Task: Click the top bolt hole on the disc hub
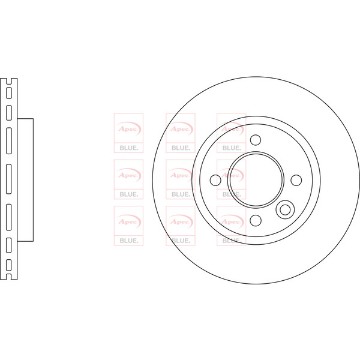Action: [256, 140]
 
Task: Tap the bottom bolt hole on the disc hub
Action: [256, 220]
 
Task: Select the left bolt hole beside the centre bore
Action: [215, 180]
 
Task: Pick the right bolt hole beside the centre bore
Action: [296, 180]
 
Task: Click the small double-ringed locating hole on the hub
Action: [285, 209]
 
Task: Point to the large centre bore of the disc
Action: [256, 180]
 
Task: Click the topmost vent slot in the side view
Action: [9, 93]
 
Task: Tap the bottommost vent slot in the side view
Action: [9, 265]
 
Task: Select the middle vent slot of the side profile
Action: [9, 179]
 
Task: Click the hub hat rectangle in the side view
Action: [25, 180]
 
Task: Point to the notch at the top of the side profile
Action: [9, 81]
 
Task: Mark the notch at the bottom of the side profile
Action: [9, 277]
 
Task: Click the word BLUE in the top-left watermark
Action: [129, 148]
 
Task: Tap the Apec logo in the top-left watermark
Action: [129, 128]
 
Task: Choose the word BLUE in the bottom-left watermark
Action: [129, 241]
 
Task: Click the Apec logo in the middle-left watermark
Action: [129, 175]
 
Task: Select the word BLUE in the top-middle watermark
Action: [181, 148]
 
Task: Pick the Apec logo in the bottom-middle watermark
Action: [181, 221]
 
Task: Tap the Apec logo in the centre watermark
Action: [181, 175]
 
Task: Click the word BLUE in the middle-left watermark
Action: [129, 194]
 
